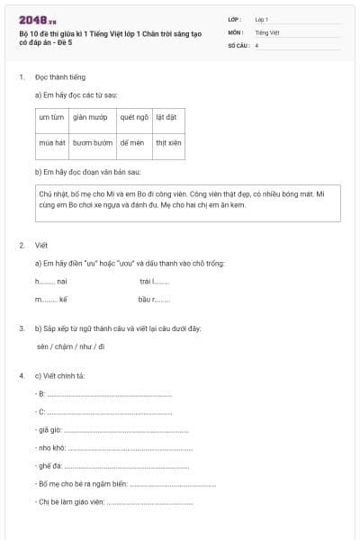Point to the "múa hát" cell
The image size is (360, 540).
[x=52, y=142]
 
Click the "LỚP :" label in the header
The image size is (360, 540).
[x=235, y=19]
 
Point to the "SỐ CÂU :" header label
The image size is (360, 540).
[x=238, y=44]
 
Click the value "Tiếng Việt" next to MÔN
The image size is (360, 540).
[x=267, y=31]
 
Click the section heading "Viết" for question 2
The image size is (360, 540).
[x=41, y=245]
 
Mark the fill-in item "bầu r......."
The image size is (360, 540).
[x=154, y=299]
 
